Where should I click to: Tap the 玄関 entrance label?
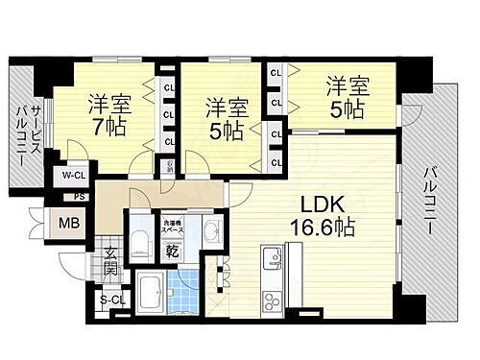(x=110, y=260)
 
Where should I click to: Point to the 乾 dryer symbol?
(x=172, y=251)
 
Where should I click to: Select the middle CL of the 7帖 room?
(x=168, y=116)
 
